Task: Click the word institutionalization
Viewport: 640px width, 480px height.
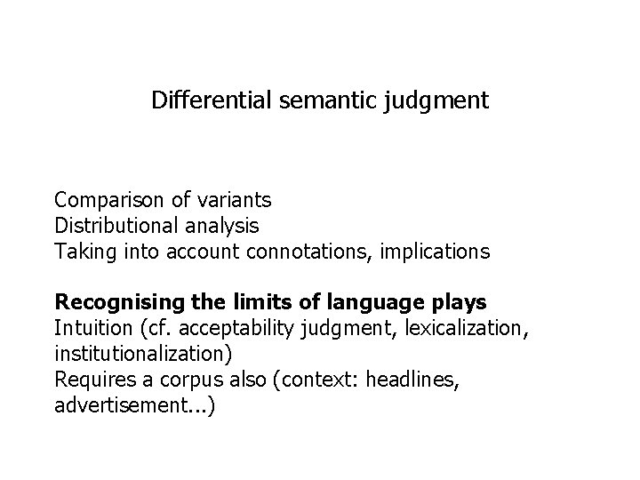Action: coord(143,355)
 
